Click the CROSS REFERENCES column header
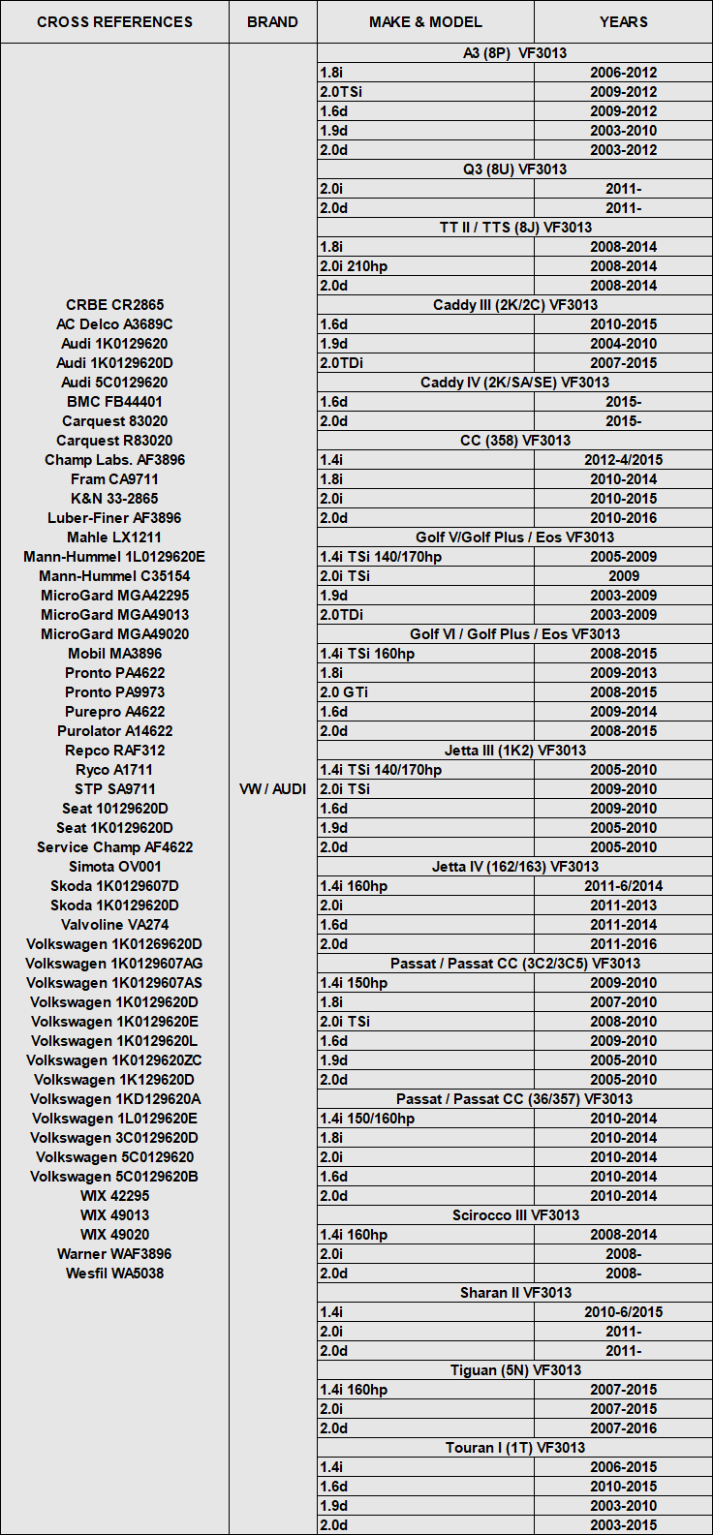[114, 21]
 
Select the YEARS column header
[623, 21]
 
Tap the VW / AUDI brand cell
[272, 789]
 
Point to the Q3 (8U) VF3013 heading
[514, 169]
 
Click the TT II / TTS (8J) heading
[514, 228]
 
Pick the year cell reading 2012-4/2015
[623, 460]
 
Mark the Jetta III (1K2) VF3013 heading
[514, 751]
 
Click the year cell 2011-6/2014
[623, 886]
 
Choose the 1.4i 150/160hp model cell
[367, 1119]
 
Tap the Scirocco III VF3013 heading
[514, 1215]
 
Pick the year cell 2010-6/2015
[623, 1312]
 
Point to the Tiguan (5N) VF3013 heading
[514, 1370]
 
